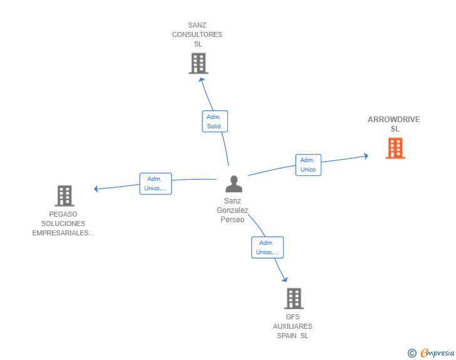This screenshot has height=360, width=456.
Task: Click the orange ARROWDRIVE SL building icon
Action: [x=395, y=148]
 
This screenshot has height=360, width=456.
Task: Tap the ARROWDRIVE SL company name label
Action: [x=394, y=124]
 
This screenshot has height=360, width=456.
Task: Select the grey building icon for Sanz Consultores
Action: [x=198, y=63]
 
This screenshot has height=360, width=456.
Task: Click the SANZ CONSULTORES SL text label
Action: [x=197, y=35]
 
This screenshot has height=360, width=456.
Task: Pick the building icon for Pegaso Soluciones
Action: [x=64, y=196]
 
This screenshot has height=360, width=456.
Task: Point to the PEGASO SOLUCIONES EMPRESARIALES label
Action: [x=63, y=224]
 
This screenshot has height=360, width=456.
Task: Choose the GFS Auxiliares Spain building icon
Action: [x=293, y=299]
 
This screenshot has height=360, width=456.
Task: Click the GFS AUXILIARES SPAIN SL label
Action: [x=293, y=326]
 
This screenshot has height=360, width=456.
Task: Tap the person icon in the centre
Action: [x=234, y=184]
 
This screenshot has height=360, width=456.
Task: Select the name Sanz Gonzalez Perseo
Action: [x=232, y=210]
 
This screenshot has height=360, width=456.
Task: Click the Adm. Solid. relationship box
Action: [x=215, y=121]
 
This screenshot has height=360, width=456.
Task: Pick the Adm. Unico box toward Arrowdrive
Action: [x=308, y=165]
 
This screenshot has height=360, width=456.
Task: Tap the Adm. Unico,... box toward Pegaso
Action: [x=155, y=183]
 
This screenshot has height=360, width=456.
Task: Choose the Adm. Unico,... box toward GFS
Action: [x=267, y=247]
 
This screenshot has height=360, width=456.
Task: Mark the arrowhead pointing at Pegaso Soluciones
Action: [x=95, y=188]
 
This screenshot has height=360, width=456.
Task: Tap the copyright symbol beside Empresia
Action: [x=412, y=353]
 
